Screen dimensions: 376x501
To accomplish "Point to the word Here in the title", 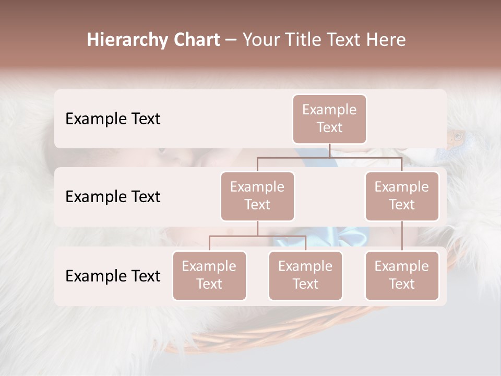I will click(x=385, y=40).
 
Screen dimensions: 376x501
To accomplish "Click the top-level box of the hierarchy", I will click(x=329, y=119).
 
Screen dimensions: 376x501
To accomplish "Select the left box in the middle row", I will click(x=257, y=196).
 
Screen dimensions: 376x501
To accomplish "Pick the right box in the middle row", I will click(x=402, y=196).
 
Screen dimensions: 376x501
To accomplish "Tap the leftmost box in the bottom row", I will click(x=209, y=275).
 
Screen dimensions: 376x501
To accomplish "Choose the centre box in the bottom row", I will click(x=305, y=275).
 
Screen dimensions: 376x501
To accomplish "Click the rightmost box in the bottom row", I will click(x=402, y=275).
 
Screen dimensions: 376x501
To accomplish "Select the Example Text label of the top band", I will click(x=113, y=119).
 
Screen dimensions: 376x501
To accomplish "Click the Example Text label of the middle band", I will click(x=113, y=196).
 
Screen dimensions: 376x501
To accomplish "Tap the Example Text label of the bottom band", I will click(x=113, y=276).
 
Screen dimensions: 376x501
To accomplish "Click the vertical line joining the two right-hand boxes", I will click(x=402, y=236).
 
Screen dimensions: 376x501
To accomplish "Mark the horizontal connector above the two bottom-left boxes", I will click(x=257, y=236).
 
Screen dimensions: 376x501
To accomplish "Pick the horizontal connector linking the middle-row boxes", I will click(x=329, y=157).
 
